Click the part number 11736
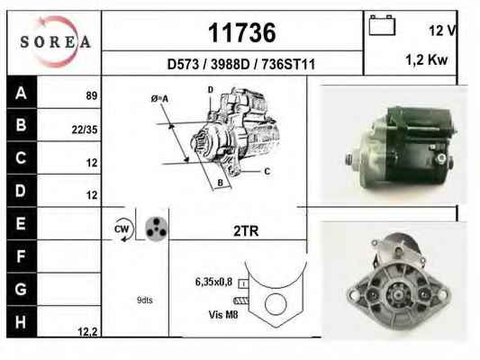pyautogui.click(x=242, y=32)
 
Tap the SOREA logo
pyautogui.click(x=56, y=41)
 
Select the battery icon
pyautogui.click(x=382, y=25)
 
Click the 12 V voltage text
pyautogui.click(x=443, y=31)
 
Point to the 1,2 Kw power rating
pyautogui.click(x=427, y=59)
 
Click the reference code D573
pyautogui.click(x=183, y=65)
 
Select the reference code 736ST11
pyautogui.click(x=288, y=65)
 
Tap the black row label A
pyautogui.click(x=22, y=92)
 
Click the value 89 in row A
pyautogui.click(x=92, y=95)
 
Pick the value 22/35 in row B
pyautogui.click(x=85, y=130)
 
